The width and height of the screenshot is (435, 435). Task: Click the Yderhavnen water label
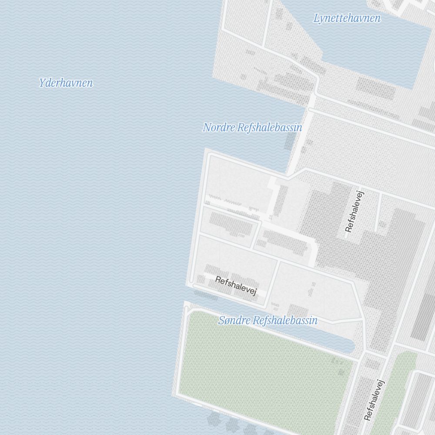pyautogui.click(x=66, y=83)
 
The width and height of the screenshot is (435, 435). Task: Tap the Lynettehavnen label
pyautogui.click(x=347, y=18)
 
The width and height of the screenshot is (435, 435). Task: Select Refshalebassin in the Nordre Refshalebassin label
pyautogui.click(x=270, y=127)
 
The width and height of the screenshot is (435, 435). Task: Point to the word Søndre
pyautogui.click(x=234, y=321)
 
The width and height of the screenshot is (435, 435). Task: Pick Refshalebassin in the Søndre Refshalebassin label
pyautogui.click(x=285, y=321)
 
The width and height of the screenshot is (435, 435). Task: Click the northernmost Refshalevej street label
pyautogui.click(x=355, y=211)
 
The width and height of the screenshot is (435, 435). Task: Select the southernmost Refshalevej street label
pyautogui.click(x=375, y=400)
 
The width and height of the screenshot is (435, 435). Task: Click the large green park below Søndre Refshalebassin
pyautogui.click(x=261, y=370)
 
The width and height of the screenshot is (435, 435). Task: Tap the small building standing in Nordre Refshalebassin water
pyautogui.click(x=290, y=141)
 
